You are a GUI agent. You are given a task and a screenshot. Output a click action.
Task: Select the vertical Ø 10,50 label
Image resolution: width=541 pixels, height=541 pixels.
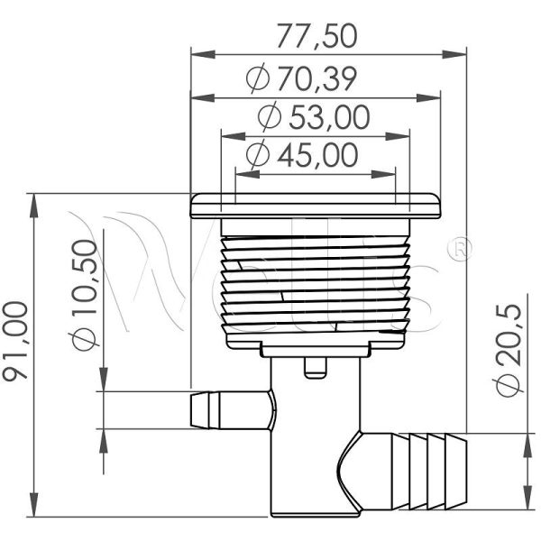pos(83,295)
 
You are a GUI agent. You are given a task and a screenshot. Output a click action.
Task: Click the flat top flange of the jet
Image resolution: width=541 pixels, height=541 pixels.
pos(315,206)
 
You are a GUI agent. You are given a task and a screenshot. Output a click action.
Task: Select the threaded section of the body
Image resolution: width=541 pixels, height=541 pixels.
pos(315,280)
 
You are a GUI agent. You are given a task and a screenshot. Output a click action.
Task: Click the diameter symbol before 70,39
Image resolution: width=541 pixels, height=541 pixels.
pos(256,79)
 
